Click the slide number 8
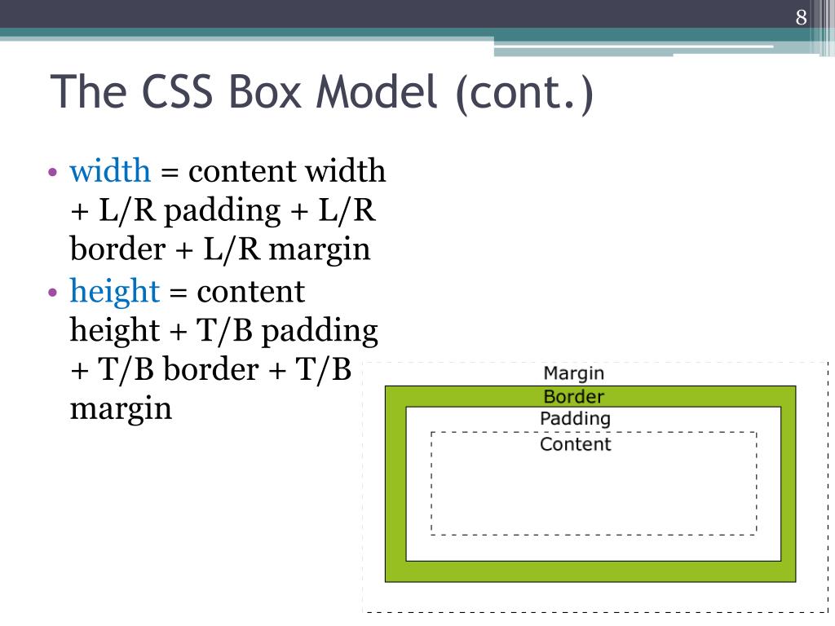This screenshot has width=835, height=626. coord(802,18)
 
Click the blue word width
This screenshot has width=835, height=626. coord(110,171)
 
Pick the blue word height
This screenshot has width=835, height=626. coord(114,291)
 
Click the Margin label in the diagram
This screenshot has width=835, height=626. coord(574,373)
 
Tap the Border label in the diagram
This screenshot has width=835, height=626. coord(574,397)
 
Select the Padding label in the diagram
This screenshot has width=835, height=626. coord(575,419)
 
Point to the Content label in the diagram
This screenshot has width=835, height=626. coord(575,444)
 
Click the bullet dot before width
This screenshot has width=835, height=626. coord(52,173)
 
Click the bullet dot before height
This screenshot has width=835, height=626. coord(52,292)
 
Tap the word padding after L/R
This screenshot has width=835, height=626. coord(222,211)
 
